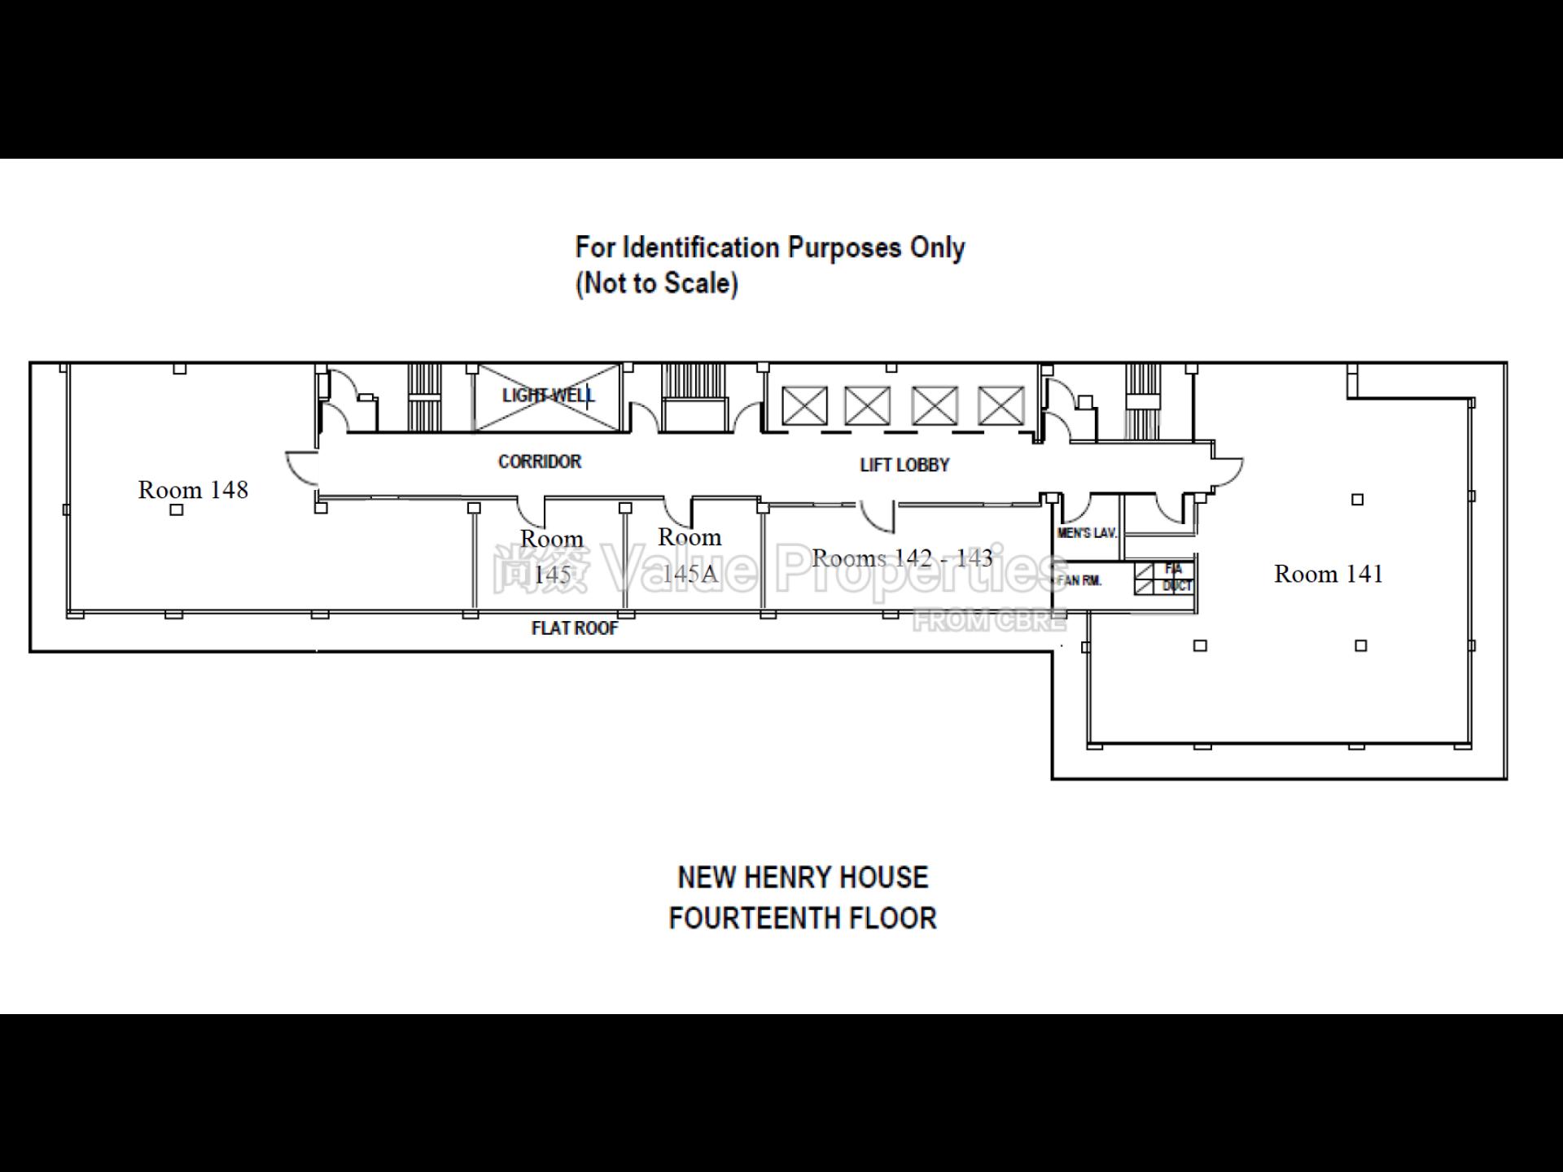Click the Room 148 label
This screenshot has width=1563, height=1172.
[x=193, y=490]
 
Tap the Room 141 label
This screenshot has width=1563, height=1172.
[x=1328, y=574]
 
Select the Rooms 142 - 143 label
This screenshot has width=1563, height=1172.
[x=902, y=558]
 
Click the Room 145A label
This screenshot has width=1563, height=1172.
[x=689, y=555]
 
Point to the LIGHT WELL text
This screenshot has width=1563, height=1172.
[x=548, y=396]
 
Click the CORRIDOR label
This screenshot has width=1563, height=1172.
[x=540, y=461]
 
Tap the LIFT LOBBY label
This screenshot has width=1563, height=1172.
[x=904, y=465]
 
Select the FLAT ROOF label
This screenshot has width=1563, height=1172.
[x=574, y=628]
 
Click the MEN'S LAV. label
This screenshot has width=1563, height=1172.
[x=1086, y=533]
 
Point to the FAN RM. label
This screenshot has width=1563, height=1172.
[x=1079, y=580]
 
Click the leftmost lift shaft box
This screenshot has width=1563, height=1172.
[x=804, y=405]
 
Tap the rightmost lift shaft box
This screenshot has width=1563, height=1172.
[x=1000, y=405]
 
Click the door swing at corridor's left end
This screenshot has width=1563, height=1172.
[x=300, y=468]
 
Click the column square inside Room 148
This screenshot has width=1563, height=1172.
[x=177, y=510]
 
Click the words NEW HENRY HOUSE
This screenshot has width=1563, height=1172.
[x=802, y=877]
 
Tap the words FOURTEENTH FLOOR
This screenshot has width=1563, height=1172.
[x=802, y=918]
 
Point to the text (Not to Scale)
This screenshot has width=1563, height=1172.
[x=656, y=283]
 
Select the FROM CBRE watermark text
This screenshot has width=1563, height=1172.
[x=988, y=621]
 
